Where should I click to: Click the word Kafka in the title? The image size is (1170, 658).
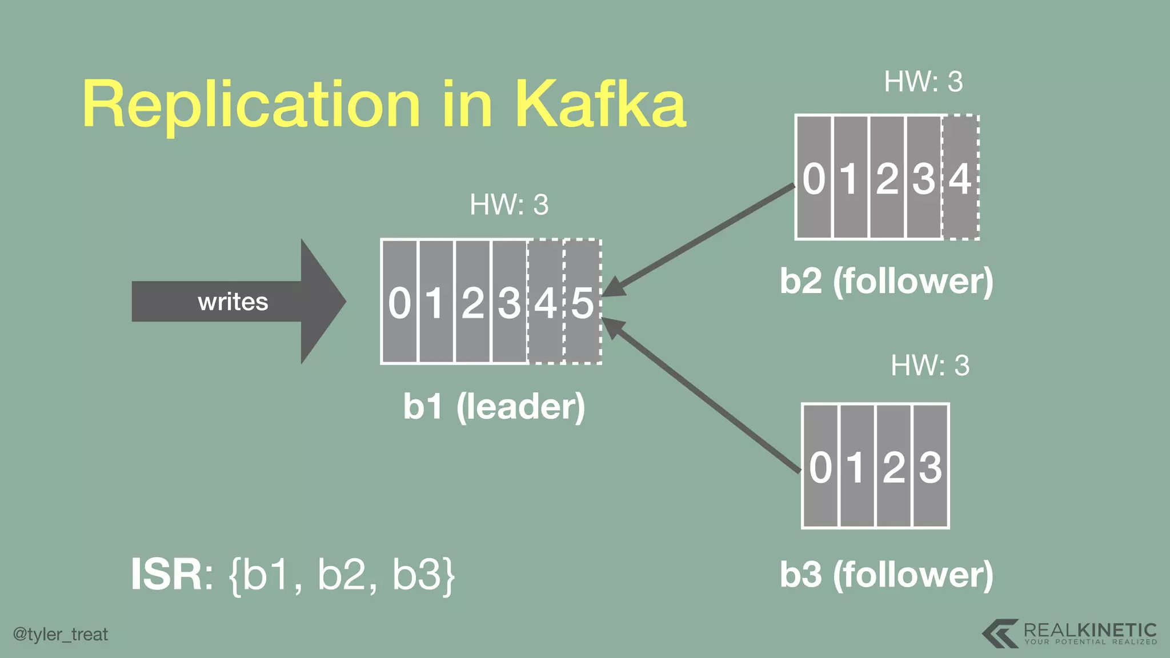pyautogui.click(x=600, y=104)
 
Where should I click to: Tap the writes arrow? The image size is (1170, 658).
pyautogui.click(x=234, y=302)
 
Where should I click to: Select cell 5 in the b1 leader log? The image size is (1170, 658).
pyautogui.click(x=583, y=302)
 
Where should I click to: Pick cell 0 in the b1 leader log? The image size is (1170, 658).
pyautogui.click(x=400, y=302)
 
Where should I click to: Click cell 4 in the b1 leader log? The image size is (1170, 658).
pyautogui.click(x=546, y=302)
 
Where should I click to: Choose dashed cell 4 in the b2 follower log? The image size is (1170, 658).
pyautogui.click(x=960, y=178)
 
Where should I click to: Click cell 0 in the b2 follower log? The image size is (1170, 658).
pyautogui.click(x=814, y=178)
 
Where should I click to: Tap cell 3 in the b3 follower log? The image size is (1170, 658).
pyautogui.click(x=931, y=466)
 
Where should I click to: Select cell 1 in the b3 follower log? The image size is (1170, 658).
pyautogui.click(x=856, y=466)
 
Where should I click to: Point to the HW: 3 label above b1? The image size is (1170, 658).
pyautogui.click(x=509, y=204)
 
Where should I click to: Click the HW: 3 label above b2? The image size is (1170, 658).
pyautogui.click(x=923, y=82)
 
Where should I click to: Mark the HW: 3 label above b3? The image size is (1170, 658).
pyautogui.click(x=930, y=366)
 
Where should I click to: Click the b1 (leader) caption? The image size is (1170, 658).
pyautogui.click(x=494, y=406)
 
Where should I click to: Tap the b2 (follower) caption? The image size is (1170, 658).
pyautogui.click(x=887, y=281)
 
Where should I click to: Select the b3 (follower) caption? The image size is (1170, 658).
pyautogui.click(x=887, y=574)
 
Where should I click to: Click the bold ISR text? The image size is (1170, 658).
pyautogui.click(x=166, y=575)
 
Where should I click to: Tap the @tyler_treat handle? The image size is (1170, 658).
pyautogui.click(x=61, y=634)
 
